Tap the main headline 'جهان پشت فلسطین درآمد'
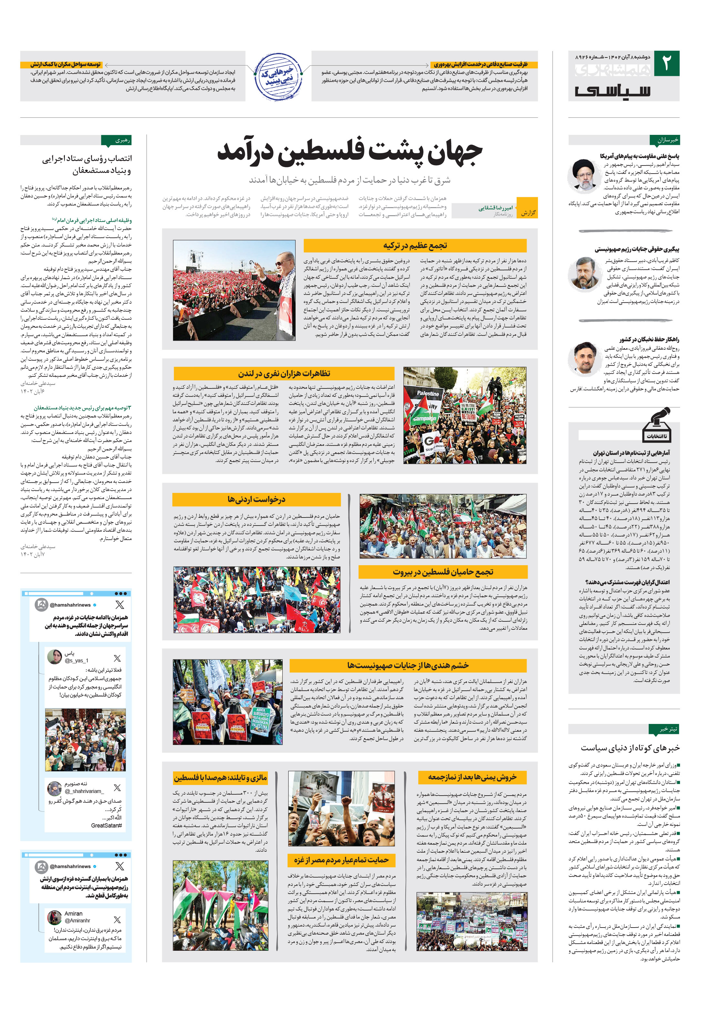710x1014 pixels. (x=350, y=152)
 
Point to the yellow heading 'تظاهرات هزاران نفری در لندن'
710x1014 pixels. (x=284, y=374)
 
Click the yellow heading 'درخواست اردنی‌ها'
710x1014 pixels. (x=256, y=499)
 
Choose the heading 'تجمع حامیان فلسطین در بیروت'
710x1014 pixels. (x=443, y=572)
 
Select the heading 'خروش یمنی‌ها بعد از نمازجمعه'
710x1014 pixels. (x=472, y=777)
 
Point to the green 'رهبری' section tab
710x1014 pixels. (x=116, y=140)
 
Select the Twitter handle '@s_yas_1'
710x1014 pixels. (x=76, y=661)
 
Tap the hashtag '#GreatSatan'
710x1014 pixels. (x=107, y=825)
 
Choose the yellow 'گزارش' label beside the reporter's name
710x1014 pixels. (x=527, y=213)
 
